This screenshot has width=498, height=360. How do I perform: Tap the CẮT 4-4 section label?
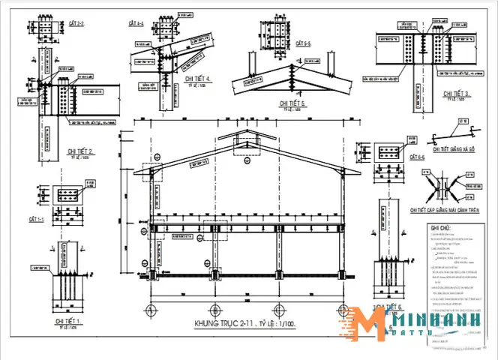click(x=135, y=24)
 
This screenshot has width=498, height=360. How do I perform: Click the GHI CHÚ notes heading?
click(x=440, y=227)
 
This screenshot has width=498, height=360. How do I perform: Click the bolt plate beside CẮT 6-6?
click(x=389, y=154)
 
